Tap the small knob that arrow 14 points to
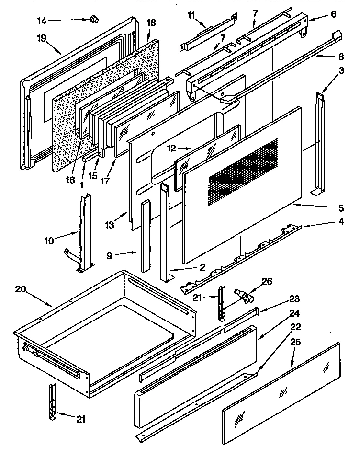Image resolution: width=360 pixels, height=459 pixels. tap(94, 19)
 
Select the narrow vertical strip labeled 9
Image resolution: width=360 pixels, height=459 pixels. tap(145, 237)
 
